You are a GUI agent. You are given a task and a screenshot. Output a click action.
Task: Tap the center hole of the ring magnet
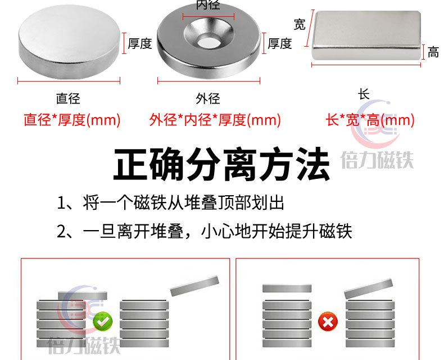[208, 40]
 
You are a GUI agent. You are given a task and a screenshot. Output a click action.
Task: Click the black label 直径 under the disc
[68, 98]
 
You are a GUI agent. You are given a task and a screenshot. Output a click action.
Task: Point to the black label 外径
[207, 98]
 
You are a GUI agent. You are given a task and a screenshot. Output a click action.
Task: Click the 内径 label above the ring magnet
[207, 6]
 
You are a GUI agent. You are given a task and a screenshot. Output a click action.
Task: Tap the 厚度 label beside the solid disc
[140, 43]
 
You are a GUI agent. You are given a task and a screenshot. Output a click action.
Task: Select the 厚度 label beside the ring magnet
[279, 43]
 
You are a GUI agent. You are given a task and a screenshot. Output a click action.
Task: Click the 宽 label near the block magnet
[300, 24]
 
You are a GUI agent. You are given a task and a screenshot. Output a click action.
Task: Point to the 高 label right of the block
[433, 53]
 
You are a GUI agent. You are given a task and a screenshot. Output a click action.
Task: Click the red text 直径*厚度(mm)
[72, 120]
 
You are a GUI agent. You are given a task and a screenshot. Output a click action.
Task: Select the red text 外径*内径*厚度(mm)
[215, 120]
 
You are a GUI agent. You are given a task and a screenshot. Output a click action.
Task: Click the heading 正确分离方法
[221, 163]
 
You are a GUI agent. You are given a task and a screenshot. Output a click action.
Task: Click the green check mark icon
[103, 322]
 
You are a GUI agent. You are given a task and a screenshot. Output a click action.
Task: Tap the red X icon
[326, 322]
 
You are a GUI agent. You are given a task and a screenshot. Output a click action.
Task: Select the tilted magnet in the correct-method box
[194, 286]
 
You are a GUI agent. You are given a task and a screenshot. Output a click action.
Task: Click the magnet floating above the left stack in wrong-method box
[287, 289]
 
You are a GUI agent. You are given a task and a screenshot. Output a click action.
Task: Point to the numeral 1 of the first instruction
[62, 202]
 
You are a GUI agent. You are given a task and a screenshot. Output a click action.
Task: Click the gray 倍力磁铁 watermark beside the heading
[377, 161]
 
